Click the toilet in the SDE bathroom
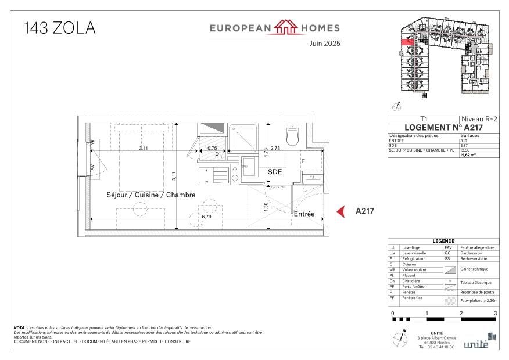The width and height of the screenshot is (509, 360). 292,135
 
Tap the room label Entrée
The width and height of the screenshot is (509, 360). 304,214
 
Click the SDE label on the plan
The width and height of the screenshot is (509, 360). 275,172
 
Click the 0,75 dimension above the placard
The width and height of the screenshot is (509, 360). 212,149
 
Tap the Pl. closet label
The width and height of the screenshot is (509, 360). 218,156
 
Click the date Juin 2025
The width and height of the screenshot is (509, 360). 324,44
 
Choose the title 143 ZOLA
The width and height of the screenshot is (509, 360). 60,28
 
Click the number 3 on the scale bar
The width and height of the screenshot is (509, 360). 495,314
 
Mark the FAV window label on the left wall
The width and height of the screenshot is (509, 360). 92,168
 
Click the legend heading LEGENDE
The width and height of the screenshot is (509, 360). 443,242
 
